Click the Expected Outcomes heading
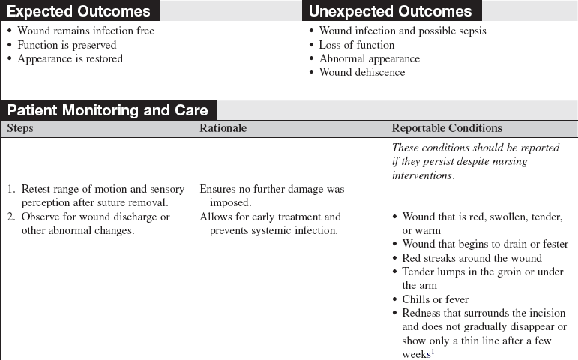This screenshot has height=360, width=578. pos(79,10)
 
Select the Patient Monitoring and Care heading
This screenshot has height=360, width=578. pos(108,110)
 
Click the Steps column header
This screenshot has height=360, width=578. pos(20,128)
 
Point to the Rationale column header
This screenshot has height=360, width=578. pos(223,128)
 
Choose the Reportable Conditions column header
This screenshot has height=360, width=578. pos(447,128)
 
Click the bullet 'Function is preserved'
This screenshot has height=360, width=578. pos(67,45)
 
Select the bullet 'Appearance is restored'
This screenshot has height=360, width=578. pos(70,58)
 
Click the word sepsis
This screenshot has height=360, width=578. pos(470,31)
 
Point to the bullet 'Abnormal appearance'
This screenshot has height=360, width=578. pos(369,58)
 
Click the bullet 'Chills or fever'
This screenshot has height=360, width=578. pos(435,299)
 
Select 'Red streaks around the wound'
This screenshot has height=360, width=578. pos(472,258)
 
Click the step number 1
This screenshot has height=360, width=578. pos(11,190)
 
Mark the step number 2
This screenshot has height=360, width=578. pos(11,217)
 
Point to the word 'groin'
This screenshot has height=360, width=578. pos(494,271)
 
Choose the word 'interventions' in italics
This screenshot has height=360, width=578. pos(422,175)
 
